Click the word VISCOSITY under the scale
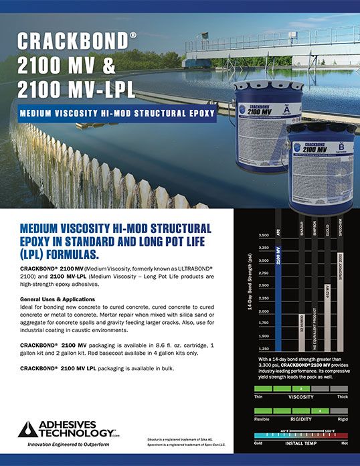[x=301, y=396]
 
